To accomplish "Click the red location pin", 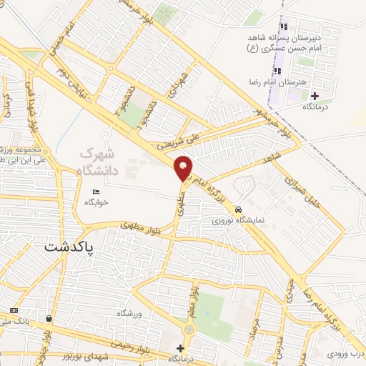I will [x=183, y=167].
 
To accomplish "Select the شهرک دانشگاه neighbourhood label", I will [x=97, y=161].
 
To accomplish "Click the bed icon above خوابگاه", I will [x=98, y=191].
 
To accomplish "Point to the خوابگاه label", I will [x=97, y=202].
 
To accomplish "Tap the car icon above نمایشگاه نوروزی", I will [x=237, y=210].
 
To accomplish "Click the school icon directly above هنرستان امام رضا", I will [x=278, y=71].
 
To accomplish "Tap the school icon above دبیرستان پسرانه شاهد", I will [x=284, y=26].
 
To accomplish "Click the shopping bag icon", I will [x=49, y=319].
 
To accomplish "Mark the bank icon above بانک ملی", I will [x=14, y=310].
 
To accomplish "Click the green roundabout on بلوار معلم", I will [x=189, y=330].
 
